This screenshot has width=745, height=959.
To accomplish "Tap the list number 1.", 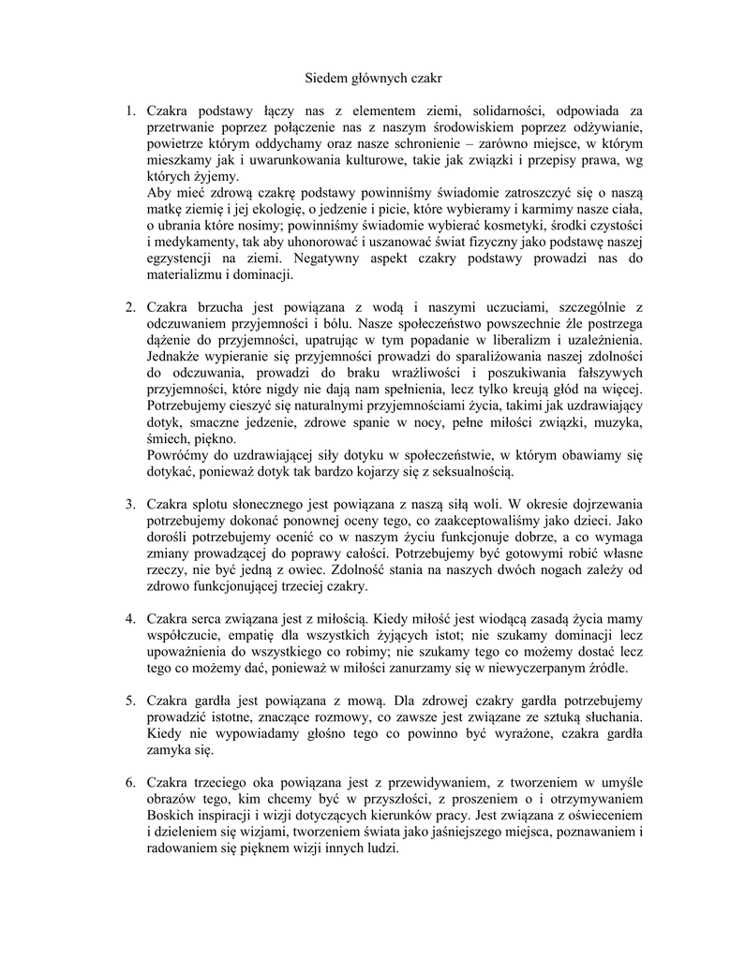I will [130, 112].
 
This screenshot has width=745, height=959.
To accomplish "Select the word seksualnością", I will [470, 470].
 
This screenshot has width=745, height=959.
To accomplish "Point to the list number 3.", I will [130, 505].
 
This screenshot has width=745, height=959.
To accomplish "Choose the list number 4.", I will [130, 618].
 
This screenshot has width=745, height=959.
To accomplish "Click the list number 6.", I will [130, 782].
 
